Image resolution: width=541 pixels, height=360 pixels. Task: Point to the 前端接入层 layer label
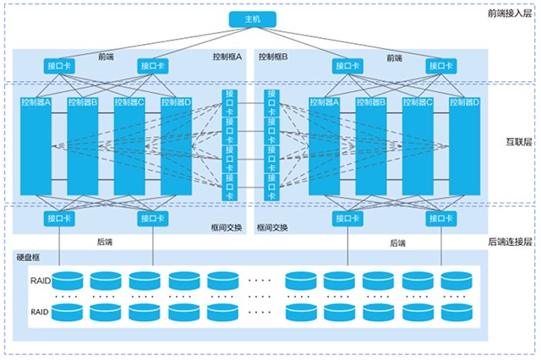pos(510,14)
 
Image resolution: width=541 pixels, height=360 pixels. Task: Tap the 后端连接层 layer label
pos(510,242)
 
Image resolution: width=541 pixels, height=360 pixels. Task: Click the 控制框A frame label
pos(227,57)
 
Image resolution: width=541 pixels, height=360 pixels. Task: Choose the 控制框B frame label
pos(274,57)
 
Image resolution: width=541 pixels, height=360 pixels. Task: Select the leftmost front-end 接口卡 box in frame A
pos(60,65)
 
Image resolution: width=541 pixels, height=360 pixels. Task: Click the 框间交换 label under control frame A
pos(227,227)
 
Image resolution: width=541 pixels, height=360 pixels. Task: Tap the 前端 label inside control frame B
pos(394,57)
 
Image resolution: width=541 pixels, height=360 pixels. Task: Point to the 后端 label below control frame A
pos(106,242)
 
